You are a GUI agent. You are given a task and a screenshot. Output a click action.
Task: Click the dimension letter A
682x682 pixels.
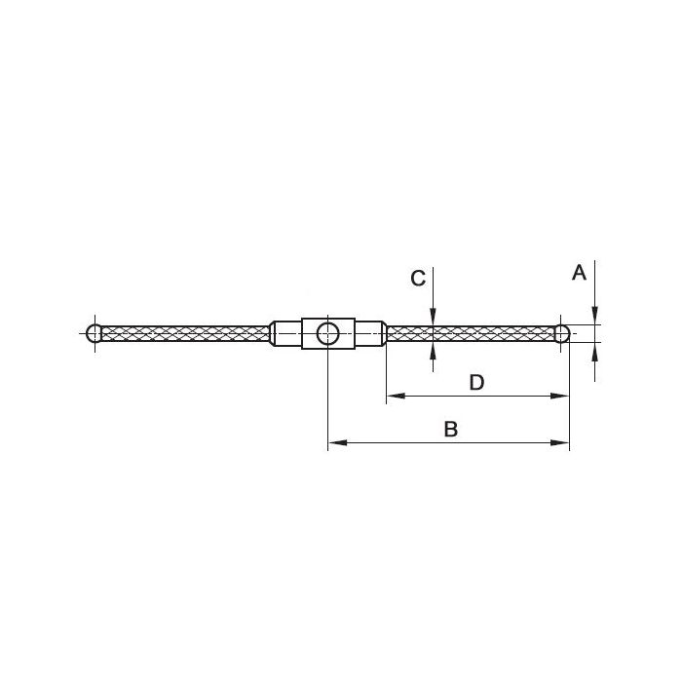(x=579, y=273)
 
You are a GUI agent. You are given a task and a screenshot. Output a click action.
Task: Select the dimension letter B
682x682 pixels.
(x=450, y=429)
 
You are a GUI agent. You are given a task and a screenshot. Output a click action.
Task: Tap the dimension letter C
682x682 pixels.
(x=418, y=279)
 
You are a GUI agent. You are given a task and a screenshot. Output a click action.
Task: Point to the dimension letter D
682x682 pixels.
(x=476, y=383)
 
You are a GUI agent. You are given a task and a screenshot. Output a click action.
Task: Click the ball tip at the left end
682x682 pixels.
(x=94, y=333)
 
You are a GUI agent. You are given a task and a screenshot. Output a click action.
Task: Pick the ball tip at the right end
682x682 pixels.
(x=562, y=333)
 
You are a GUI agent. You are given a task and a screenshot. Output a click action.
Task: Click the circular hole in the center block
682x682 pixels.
(x=328, y=333)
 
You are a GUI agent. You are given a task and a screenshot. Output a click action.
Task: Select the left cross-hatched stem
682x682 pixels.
(x=186, y=333)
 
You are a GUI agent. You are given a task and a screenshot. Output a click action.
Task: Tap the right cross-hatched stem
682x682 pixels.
(x=471, y=333)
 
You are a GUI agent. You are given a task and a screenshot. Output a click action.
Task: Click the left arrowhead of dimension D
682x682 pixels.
(x=396, y=396)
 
